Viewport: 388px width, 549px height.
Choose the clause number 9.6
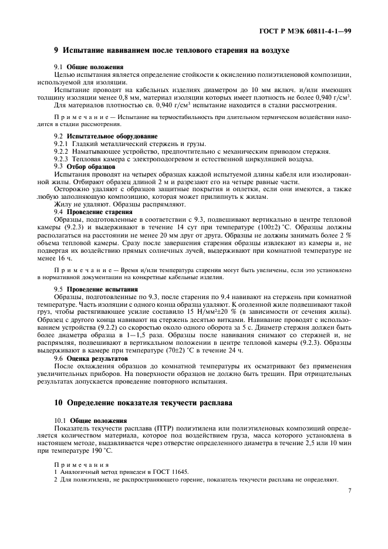[x=59, y=358]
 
